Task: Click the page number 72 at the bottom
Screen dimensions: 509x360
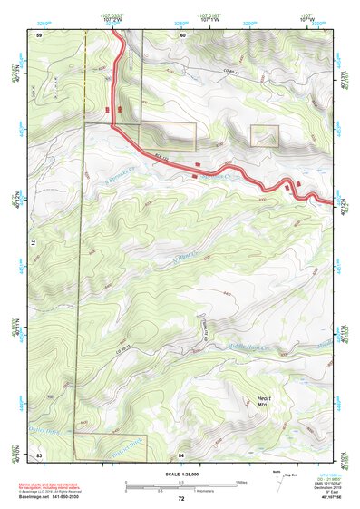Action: point(181,498)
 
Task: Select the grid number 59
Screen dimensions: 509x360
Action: point(39,35)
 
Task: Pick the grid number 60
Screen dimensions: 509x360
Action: point(182,35)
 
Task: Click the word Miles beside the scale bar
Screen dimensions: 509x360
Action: point(240,482)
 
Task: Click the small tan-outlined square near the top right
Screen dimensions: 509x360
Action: point(264,135)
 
